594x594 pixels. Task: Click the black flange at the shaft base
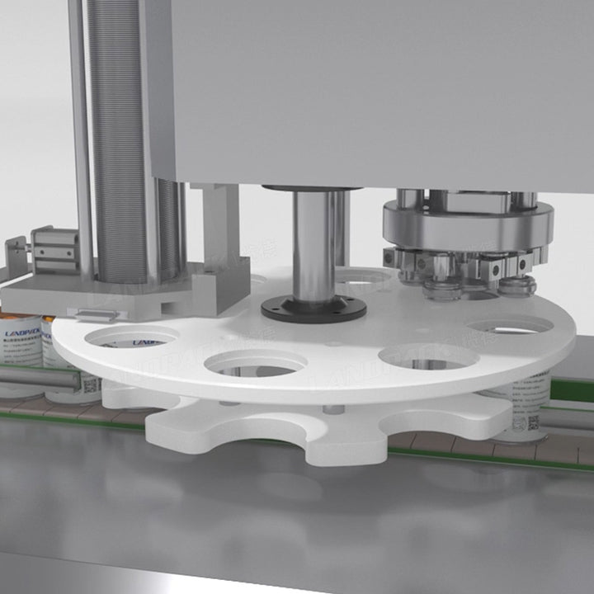pos(313,309)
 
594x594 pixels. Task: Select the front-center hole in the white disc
pos(256,363)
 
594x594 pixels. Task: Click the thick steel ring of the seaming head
pos(466,223)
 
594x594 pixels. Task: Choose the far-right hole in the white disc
pos(508,325)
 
